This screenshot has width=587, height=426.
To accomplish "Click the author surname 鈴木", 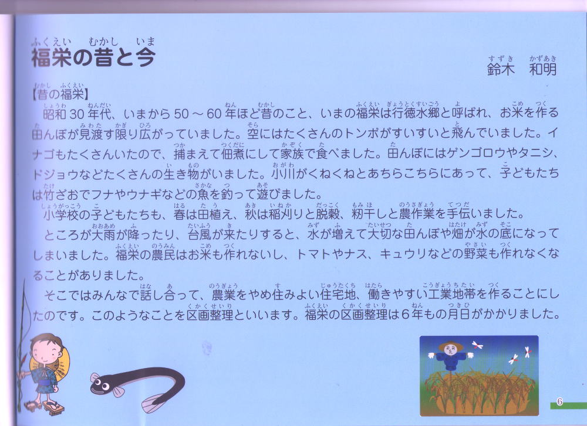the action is pos(501,70).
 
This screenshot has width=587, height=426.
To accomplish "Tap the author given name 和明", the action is pos(543,70).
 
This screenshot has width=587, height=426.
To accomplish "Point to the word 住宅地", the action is pos(339,295).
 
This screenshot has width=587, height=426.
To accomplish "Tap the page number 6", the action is pos(559,402).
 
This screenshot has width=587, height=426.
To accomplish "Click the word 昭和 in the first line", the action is pos(55,113).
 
